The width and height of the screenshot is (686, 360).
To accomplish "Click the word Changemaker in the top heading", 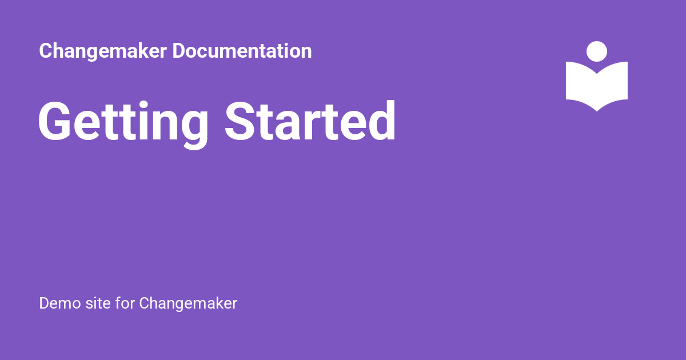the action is [x=103, y=51].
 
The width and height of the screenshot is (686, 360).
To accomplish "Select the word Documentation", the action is [x=242, y=51].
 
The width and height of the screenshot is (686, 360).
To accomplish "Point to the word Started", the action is [x=310, y=121].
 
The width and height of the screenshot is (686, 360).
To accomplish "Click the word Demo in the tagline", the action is [x=60, y=303].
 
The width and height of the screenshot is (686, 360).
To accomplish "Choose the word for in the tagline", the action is [x=125, y=303].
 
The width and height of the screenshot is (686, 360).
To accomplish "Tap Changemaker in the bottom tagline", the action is [x=188, y=304].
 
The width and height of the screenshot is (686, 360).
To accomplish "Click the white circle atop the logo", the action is [x=597, y=51].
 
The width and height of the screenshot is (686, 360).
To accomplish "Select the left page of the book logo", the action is [x=581, y=83].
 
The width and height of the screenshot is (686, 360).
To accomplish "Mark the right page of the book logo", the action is [x=612, y=83].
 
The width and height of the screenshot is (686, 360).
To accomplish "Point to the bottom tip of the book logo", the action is [x=597, y=111].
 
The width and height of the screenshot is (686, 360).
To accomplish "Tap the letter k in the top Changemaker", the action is [x=137, y=51].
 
